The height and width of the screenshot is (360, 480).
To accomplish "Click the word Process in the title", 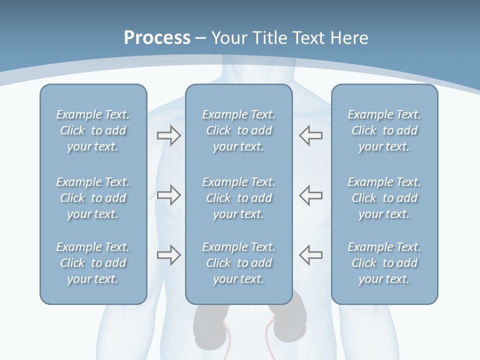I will tap(157, 38).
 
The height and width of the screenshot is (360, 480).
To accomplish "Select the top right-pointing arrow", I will tap(168, 135).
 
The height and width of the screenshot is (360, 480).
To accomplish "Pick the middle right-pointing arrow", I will tap(168, 195).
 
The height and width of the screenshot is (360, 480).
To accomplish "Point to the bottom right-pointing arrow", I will tap(168, 255).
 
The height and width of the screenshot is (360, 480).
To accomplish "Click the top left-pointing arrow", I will tap(310, 135).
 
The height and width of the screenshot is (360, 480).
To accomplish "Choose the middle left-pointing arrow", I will tap(310, 195).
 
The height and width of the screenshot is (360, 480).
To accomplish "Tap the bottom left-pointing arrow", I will tap(310, 255).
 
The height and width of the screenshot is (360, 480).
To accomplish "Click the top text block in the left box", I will tap(93, 130).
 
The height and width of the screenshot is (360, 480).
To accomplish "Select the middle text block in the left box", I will tap(93, 198).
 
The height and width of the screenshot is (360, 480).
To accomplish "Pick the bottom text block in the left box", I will tap(93, 263).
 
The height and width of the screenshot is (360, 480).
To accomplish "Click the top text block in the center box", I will tap(238, 130).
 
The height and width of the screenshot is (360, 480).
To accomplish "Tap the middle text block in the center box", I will tap(238, 198).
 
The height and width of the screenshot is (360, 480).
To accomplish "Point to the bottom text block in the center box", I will tap(238, 263).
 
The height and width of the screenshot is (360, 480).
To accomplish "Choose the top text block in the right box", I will tap(384, 130).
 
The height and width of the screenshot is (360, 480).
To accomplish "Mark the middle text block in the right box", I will tap(384, 198).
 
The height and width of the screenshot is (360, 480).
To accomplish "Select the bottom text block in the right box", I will tap(384, 263).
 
